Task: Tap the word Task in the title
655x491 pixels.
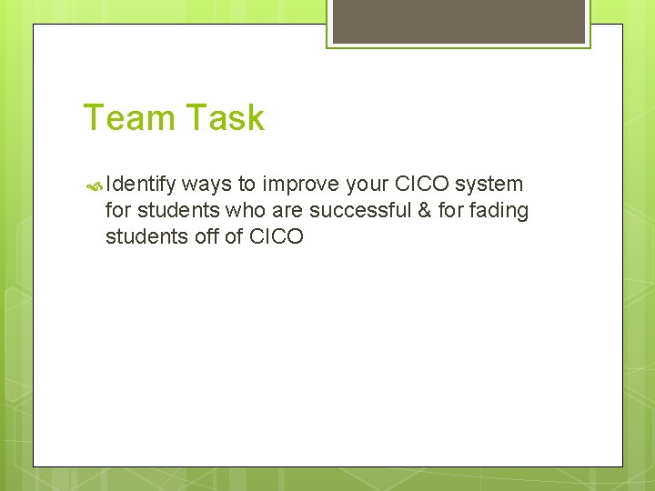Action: (225, 118)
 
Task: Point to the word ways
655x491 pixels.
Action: (207, 185)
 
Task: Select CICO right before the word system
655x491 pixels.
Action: (425, 185)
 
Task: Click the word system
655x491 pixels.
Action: (489, 185)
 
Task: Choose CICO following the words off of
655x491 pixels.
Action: (276, 237)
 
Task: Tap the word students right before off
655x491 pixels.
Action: (142, 237)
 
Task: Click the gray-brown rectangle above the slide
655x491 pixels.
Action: (458, 21)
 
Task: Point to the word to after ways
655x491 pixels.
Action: (247, 185)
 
